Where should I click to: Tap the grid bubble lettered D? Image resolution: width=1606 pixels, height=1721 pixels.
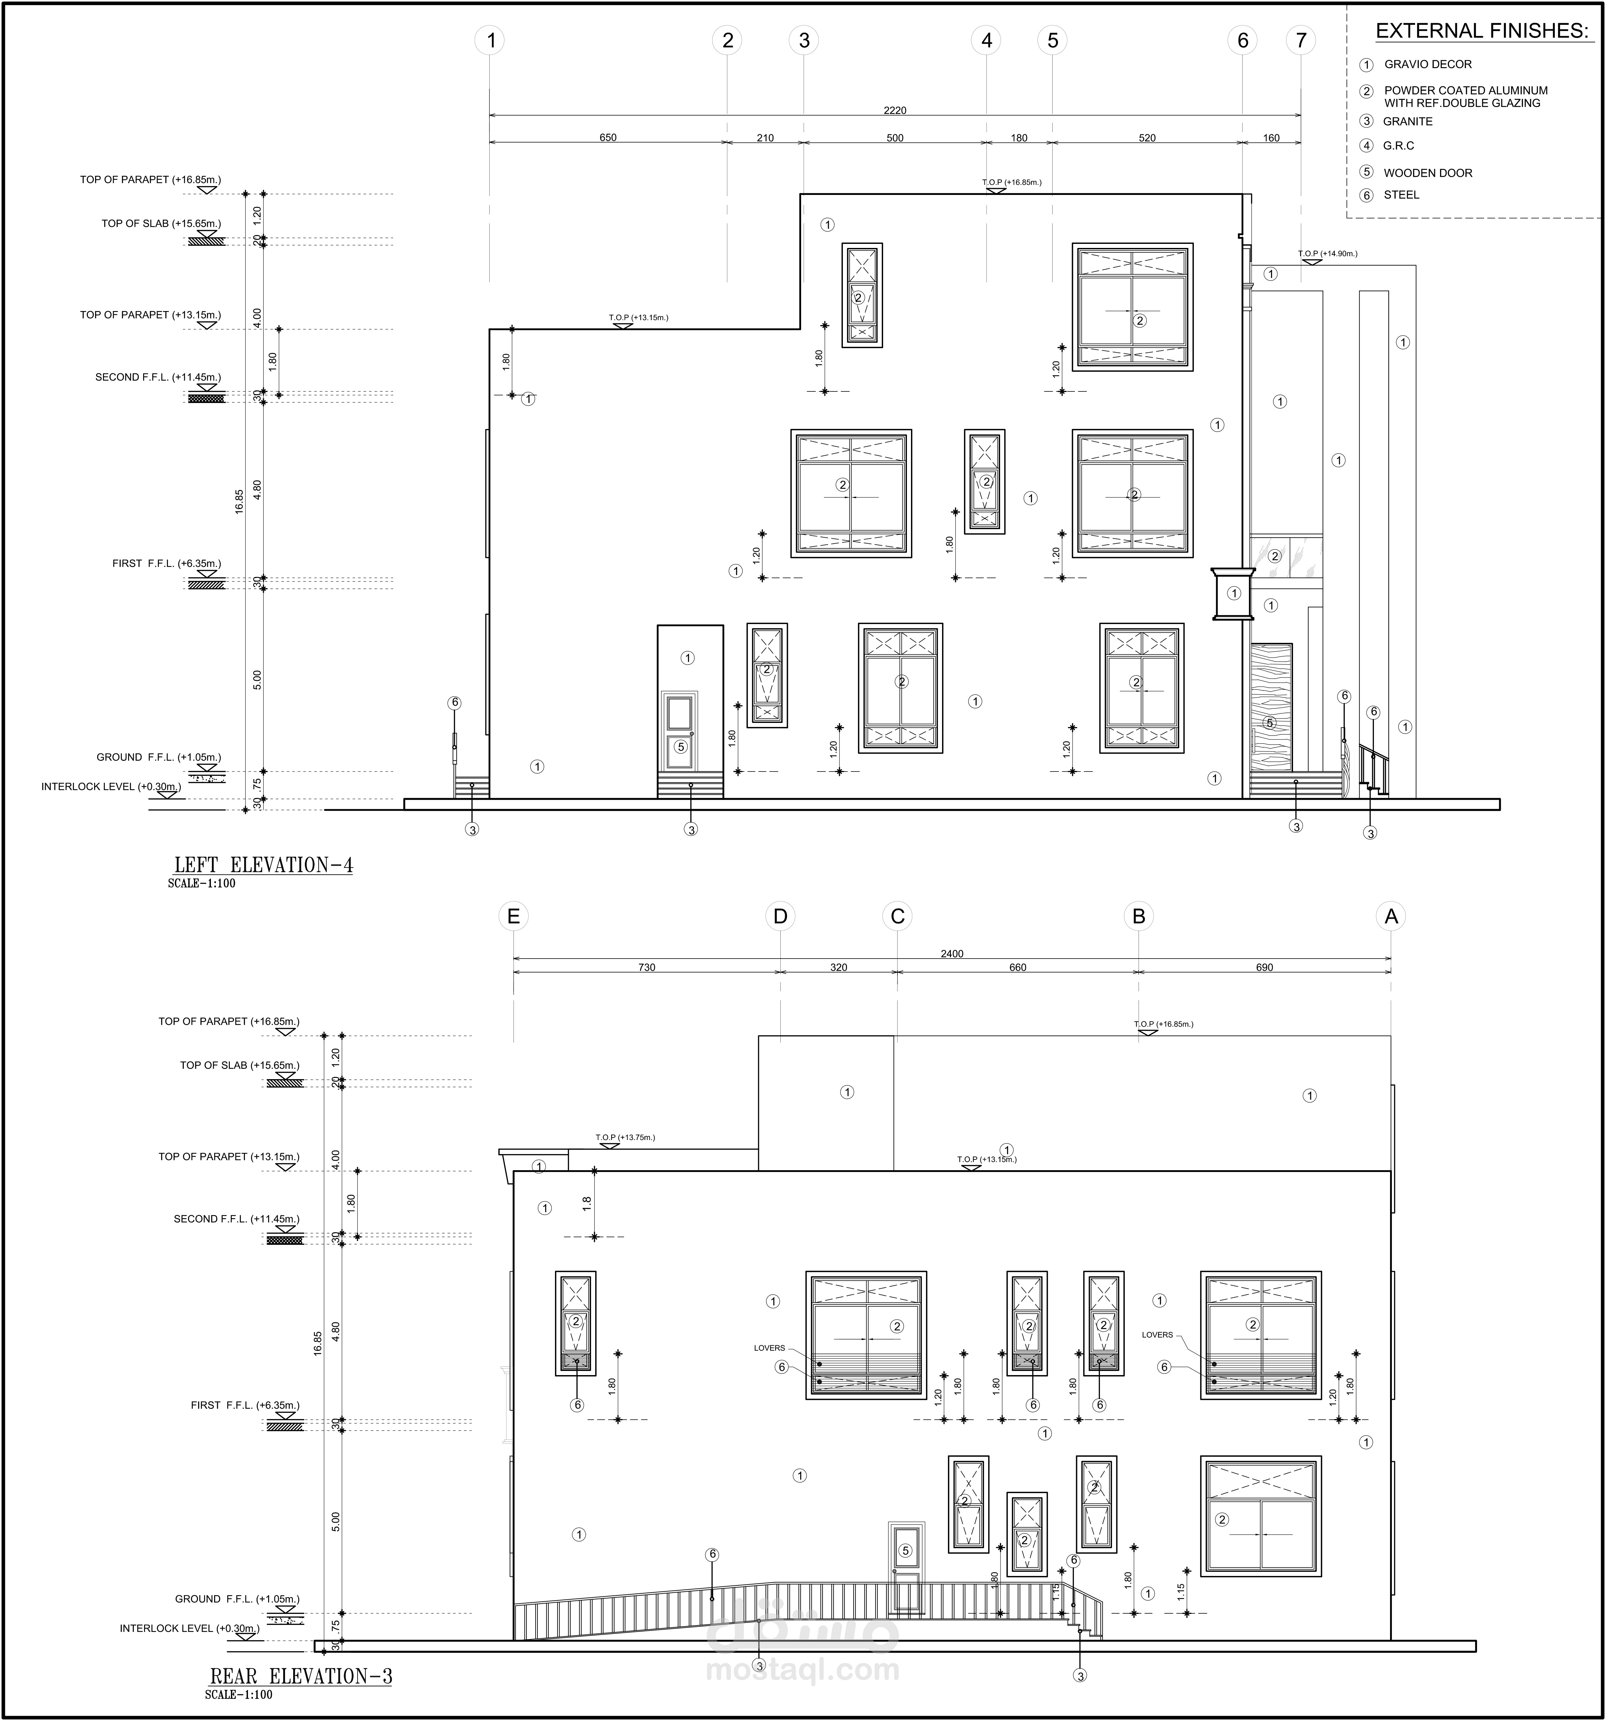(780, 916)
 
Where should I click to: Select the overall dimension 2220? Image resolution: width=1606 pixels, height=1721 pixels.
(895, 110)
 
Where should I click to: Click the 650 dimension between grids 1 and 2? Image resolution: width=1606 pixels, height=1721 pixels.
(608, 138)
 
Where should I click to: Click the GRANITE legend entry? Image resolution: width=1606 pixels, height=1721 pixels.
(1408, 121)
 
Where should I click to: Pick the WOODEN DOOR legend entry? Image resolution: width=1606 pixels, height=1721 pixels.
(1428, 173)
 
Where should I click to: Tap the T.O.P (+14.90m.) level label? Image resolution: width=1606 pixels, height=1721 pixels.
(1327, 254)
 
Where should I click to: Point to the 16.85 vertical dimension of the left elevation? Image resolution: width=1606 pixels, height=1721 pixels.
(239, 502)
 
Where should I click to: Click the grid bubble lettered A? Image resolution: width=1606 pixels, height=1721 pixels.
(1391, 916)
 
